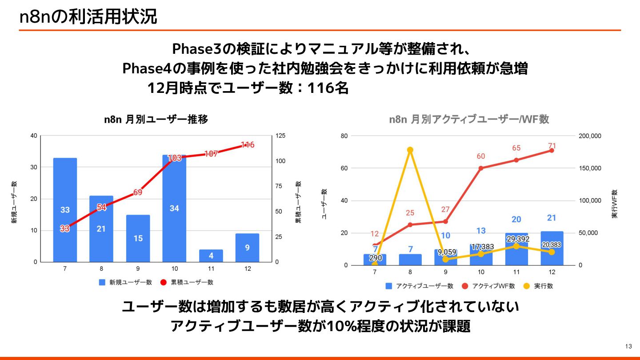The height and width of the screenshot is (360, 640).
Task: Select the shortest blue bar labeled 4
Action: [211, 256]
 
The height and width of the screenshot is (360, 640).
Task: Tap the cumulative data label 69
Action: [138, 192]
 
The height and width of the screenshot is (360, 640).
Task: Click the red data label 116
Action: [248, 145]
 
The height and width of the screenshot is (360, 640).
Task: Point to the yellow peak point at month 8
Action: [410, 150]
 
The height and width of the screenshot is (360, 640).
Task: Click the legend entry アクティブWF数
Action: [493, 286]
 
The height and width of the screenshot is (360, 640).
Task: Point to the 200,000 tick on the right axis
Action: [590, 136]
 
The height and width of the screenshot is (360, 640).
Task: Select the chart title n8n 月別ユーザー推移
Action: [156, 120]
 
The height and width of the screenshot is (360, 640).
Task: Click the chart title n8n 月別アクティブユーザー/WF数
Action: [469, 120]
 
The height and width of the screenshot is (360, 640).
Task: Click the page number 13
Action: [628, 347]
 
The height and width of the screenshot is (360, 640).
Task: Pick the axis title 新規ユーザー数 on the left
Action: [15, 202]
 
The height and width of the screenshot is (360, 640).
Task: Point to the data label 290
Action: [376, 258]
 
